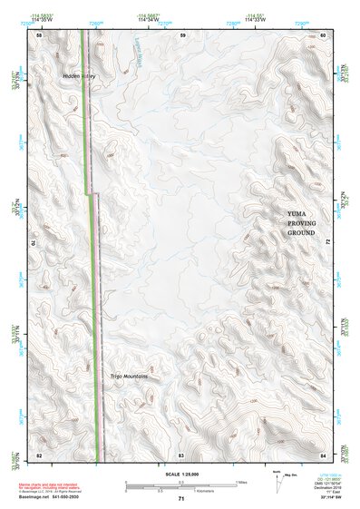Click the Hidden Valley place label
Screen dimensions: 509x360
76,75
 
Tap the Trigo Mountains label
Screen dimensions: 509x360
129,376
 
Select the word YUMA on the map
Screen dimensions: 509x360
300,211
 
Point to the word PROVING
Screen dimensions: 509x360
300,222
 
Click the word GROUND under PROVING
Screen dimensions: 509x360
300,233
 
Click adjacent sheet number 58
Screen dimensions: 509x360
39,34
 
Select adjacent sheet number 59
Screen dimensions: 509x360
182,34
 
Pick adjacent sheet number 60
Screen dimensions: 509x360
323,34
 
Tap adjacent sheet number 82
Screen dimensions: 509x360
39,453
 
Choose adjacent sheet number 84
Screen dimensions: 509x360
323,453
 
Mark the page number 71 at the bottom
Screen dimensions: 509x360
181,499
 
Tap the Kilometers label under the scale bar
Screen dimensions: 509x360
192,491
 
